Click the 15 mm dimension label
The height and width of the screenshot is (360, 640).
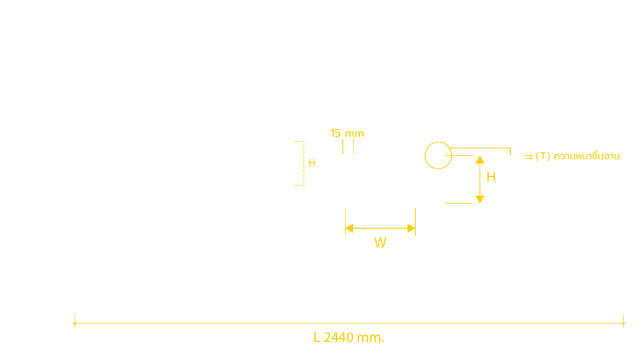tap(347, 133)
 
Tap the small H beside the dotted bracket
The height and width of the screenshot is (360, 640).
tap(312, 163)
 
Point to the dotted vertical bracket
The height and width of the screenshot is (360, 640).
tap(304, 164)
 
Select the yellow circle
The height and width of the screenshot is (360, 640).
tap(425, 155)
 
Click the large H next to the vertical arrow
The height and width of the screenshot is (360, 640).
tap(491, 177)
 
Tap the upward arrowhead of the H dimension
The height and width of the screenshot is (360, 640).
tap(480, 159)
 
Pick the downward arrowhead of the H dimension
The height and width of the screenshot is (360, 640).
tap(480, 200)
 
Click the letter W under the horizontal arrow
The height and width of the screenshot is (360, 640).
tap(380, 242)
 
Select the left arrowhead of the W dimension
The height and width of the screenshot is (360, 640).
tap(349, 228)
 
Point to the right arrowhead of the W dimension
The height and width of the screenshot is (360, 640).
tap(411, 228)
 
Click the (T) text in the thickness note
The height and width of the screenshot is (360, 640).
tap(543, 156)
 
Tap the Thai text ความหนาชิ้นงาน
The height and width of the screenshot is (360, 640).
tap(587, 155)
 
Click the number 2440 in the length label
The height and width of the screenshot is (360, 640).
tap(339, 338)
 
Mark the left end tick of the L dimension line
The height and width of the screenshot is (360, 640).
tap(75, 321)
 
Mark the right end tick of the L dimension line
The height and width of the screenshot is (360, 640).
tap(623, 321)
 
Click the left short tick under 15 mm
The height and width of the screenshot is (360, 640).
tap(343, 147)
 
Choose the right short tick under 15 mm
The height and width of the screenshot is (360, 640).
tap(354, 147)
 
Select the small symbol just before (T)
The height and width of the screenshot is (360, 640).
tap(528, 157)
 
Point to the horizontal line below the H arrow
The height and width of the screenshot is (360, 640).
tap(459, 203)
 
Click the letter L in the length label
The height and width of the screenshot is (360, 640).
tap(317, 338)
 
